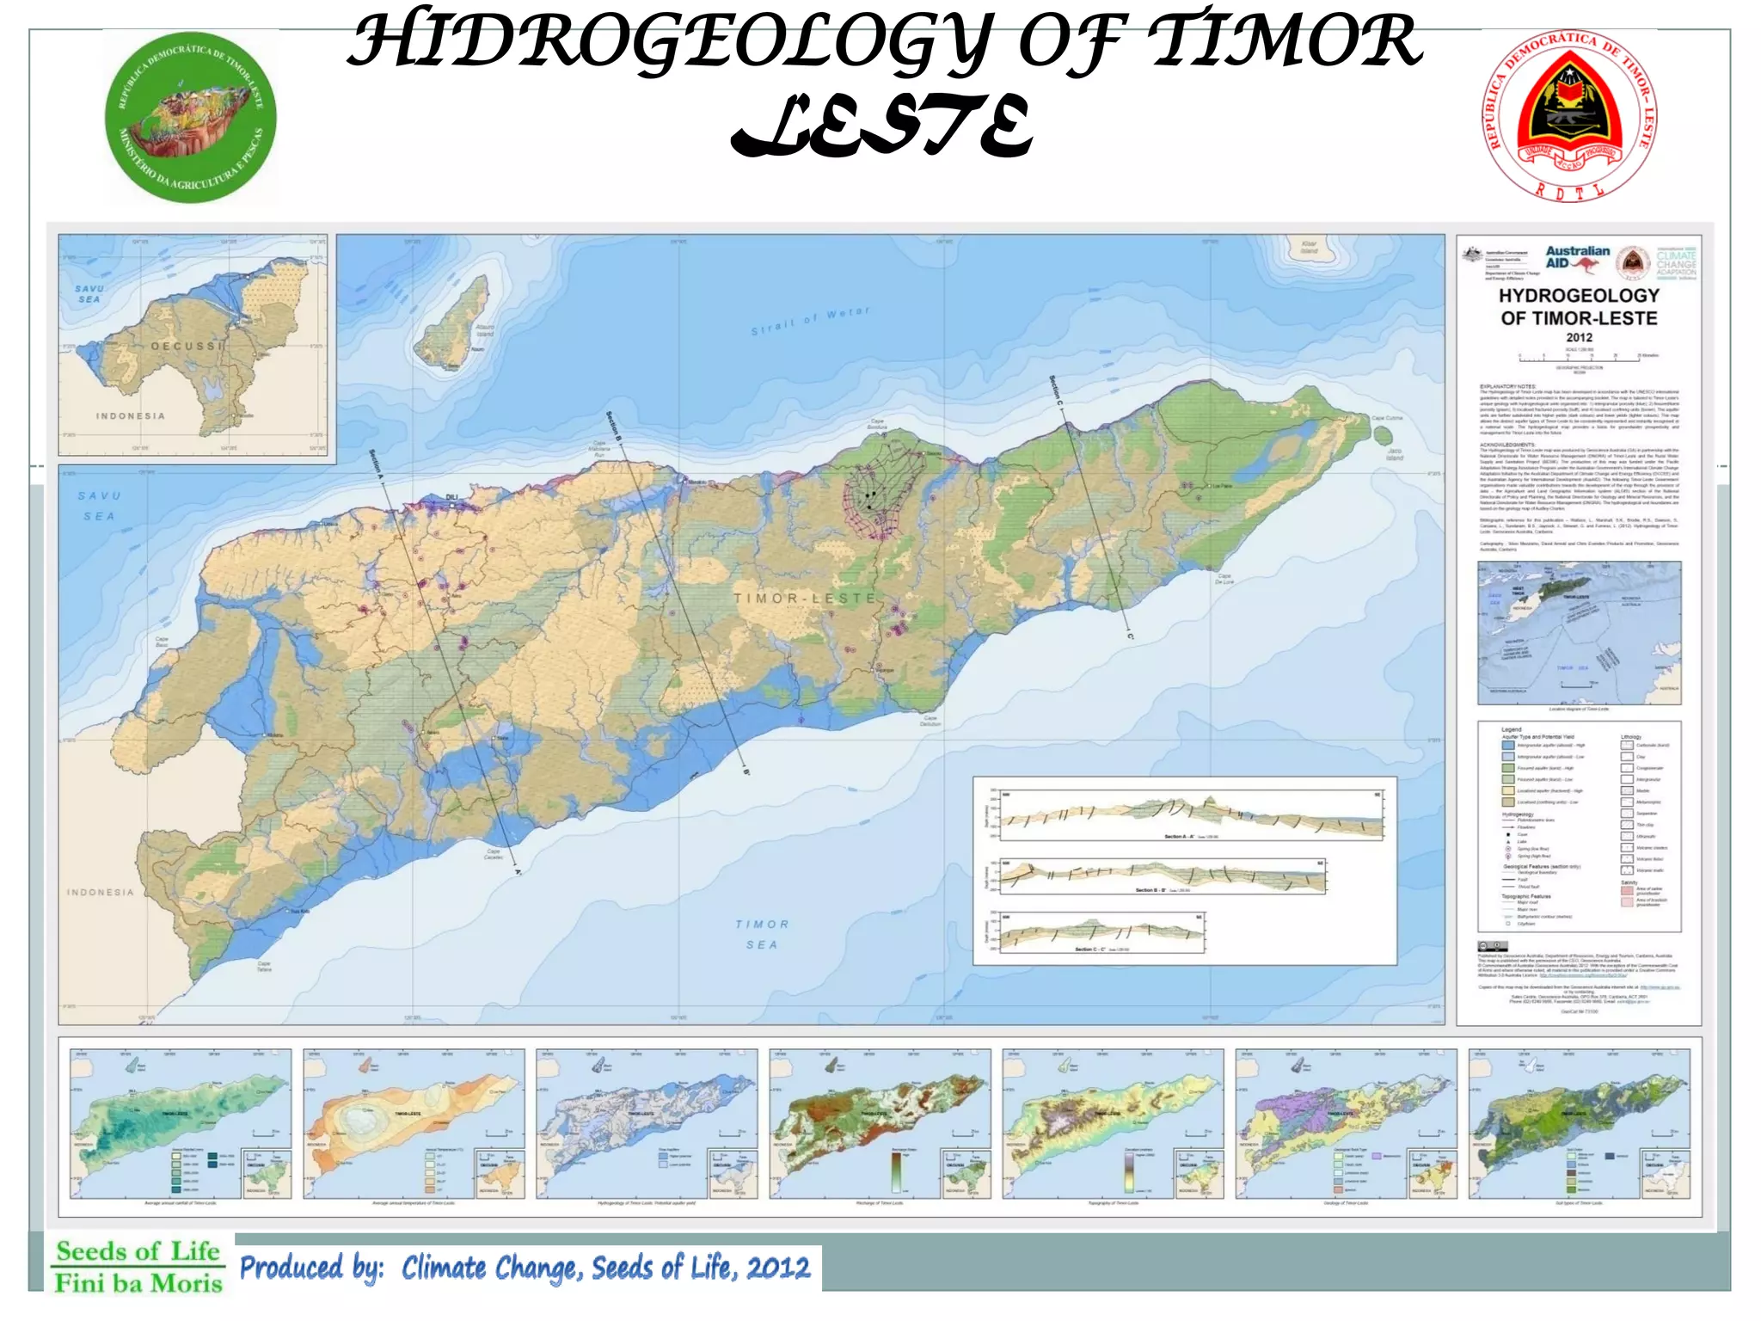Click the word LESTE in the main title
pos(880,127)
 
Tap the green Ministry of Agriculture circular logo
pos(190,118)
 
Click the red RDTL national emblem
pos(1569,116)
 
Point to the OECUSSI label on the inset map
pos(187,346)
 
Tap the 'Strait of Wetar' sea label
pos(810,320)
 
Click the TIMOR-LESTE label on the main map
pos(804,598)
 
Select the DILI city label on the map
pos(452,497)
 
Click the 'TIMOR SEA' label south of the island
pos(762,934)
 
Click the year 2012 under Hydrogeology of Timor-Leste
pos(1579,338)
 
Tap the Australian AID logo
pos(1577,257)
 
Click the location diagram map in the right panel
pos(1579,633)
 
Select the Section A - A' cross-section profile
pos(1190,815)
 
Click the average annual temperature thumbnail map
pos(414,1123)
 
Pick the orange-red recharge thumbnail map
pos(880,1123)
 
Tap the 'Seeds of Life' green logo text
pos(138,1251)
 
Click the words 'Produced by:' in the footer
pos(311,1269)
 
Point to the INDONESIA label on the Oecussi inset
pos(130,416)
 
